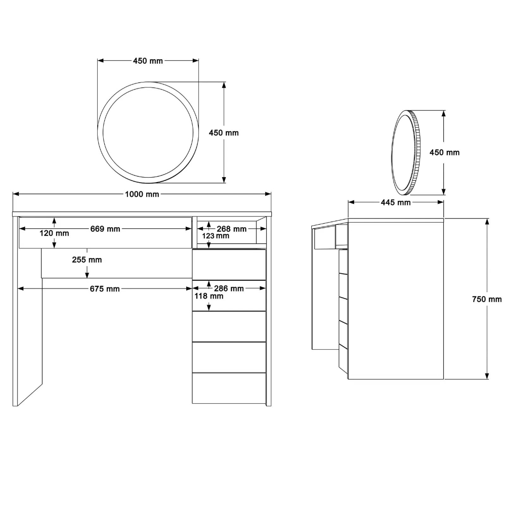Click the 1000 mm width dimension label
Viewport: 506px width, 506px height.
[142, 194]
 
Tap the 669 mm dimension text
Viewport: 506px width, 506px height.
[105, 229]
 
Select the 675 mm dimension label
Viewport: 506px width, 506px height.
[105, 289]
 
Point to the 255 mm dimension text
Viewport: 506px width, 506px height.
[87, 260]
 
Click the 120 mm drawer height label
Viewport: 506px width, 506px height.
[54, 233]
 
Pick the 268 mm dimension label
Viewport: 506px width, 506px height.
[231, 229]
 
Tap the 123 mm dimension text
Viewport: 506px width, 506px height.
[216, 236]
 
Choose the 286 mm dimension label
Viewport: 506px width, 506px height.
[229, 288]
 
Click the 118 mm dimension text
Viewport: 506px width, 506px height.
[209, 296]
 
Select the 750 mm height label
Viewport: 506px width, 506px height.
[487, 300]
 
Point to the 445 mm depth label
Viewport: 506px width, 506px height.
[396, 203]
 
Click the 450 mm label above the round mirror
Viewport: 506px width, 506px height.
[148, 61]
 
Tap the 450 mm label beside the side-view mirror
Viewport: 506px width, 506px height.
[444, 153]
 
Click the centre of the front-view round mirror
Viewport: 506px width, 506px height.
[148, 132]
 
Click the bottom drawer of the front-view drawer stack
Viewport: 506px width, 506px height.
[229, 388]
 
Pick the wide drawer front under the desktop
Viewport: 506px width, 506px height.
[105, 233]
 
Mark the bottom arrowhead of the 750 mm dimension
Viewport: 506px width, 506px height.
[487, 376]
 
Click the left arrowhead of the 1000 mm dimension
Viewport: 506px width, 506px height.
[16, 194]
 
